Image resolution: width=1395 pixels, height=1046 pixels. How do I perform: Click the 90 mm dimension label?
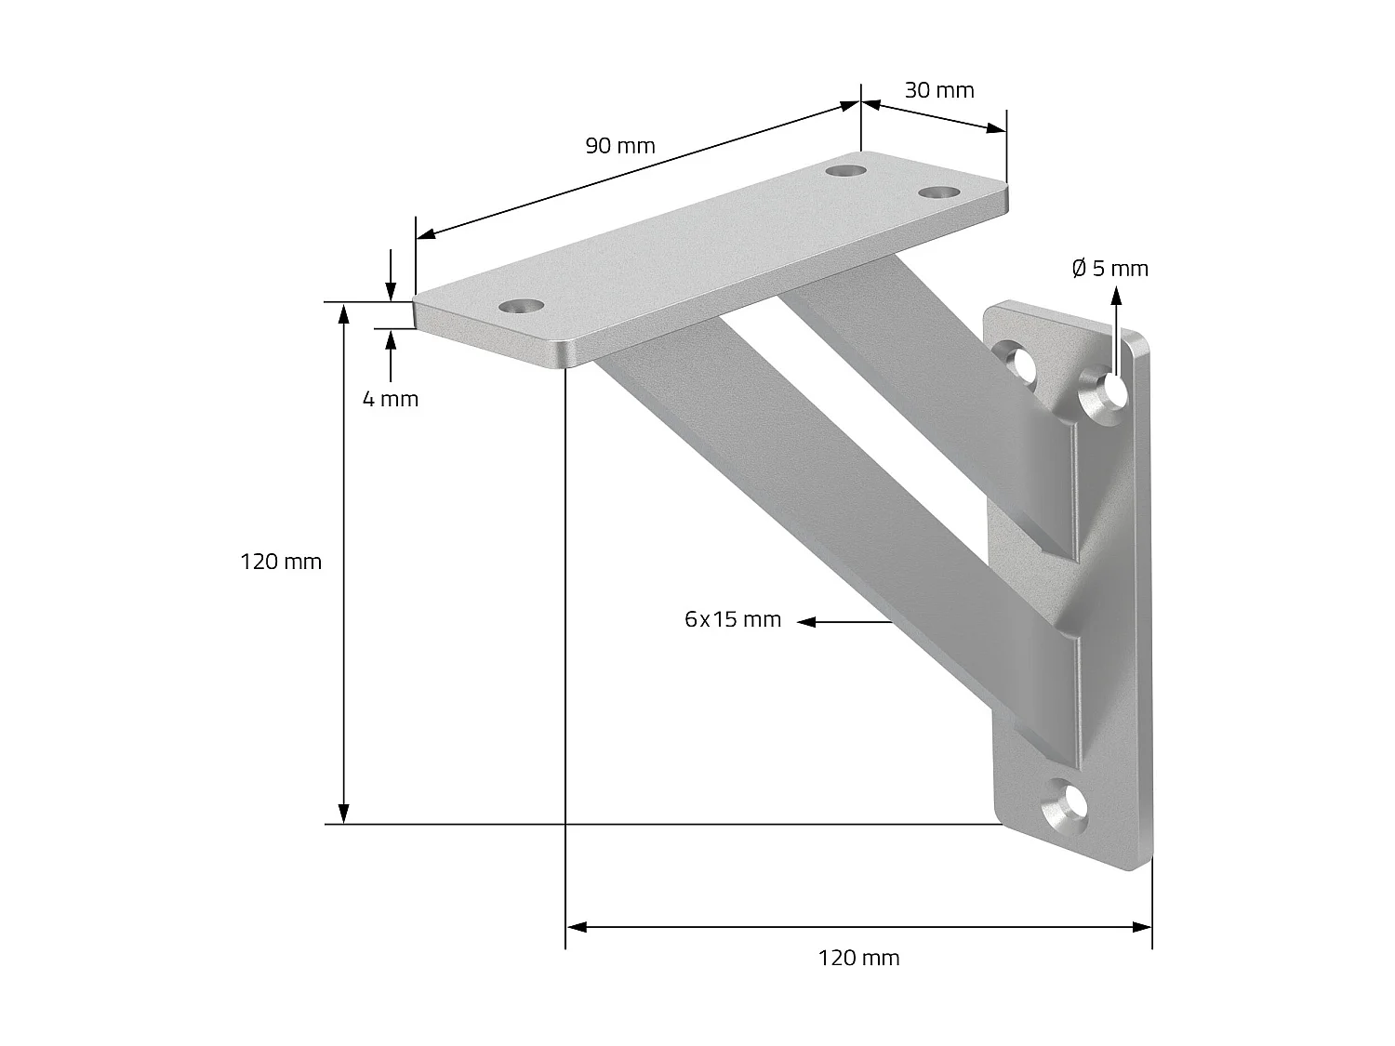pyautogui.click(x=619, y=146)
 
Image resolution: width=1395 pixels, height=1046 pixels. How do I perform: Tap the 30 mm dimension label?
pyautogui.click(x=939, y=90)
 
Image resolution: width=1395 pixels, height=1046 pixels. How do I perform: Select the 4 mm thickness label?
pyautogui.click(x=390, y=399)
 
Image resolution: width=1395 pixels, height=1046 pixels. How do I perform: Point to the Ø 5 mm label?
pyautogui.click(x=1109, y=269)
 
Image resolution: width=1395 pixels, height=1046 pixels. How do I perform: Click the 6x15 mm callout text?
pyautogui.click(x=733, y=619)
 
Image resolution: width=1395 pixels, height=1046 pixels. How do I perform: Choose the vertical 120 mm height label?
pyautogui.click(x=281, y=562)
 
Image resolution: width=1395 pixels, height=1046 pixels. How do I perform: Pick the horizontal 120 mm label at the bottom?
pyautogui.click(x=858, y=958)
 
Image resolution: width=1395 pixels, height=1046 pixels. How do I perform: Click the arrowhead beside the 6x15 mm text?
pyautogui.click(x=806, y=621)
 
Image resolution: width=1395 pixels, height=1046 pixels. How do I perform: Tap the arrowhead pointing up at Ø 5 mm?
pyautogui.click(x=1116, y=297)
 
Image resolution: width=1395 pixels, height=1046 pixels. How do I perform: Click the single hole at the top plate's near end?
pyautogui.click(x=521, y=306)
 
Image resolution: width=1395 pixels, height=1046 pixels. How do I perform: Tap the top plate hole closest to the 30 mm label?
pyautogui.click(x=845, y=171)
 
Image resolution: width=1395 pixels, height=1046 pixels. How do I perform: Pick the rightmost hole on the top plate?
pyautogui.click(x=940, y=192)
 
